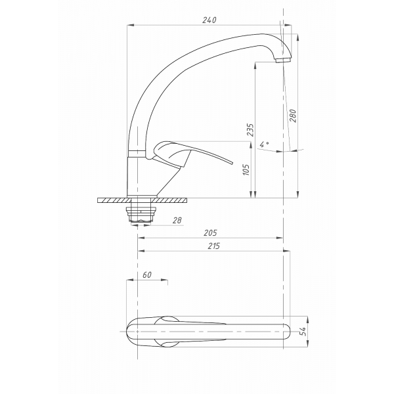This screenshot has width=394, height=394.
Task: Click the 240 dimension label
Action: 209,20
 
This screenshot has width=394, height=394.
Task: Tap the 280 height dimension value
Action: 294,116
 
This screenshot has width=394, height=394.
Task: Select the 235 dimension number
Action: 250,129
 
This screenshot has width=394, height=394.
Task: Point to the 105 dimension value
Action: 246,169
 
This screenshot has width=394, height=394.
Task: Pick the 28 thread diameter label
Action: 177,221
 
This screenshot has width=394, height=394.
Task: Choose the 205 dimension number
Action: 210,233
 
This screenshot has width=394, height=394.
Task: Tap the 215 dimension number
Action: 214,246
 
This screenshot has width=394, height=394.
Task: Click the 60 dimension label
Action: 147,275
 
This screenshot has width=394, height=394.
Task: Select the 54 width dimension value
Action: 303,332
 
